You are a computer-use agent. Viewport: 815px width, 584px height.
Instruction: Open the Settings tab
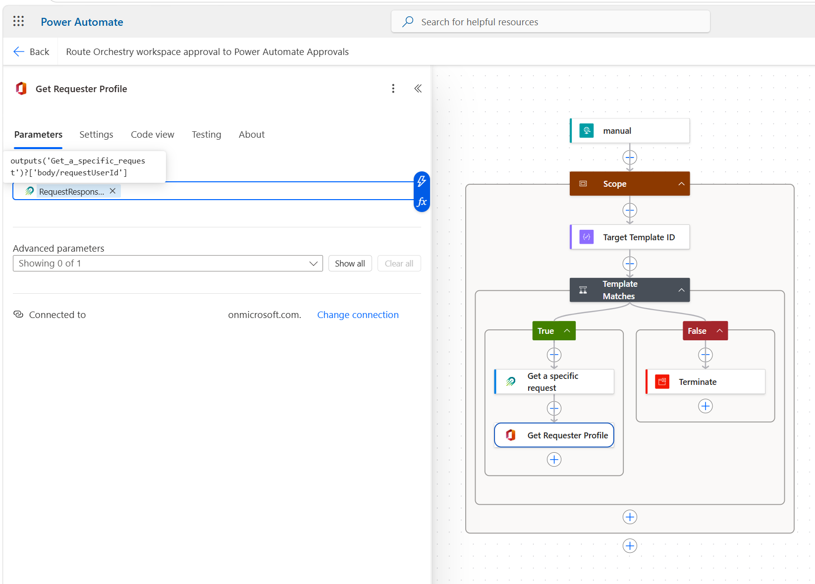[96, 135]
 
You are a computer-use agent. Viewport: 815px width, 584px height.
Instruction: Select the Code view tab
[153, 135]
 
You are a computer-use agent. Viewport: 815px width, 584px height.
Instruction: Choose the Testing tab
[206, 135]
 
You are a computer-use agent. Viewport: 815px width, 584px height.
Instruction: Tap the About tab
[251, 135]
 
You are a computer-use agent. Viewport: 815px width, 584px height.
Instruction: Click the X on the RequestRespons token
[113, 191]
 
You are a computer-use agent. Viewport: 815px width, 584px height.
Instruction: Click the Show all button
[350, 264]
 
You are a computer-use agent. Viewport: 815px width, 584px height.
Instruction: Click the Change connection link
[358, 315]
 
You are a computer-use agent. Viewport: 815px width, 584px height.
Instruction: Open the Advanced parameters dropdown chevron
[313, 264]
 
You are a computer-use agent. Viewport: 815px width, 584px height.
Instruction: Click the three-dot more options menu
[393, 89]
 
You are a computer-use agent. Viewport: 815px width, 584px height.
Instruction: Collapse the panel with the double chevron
[418, 89]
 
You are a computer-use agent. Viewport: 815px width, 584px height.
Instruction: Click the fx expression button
[422, 202]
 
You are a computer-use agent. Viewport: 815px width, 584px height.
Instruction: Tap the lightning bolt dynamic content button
[422, 181]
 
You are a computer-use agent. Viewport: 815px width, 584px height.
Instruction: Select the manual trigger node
[629, 131]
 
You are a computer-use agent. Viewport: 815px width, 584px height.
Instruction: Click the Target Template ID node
[629, 237]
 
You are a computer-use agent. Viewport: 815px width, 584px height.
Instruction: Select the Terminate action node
[705, 382]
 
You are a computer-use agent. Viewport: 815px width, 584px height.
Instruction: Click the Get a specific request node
[554, 382]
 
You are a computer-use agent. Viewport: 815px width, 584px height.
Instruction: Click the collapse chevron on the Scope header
[681, 184]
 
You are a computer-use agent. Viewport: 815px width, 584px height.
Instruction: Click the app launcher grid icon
[18, 21]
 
